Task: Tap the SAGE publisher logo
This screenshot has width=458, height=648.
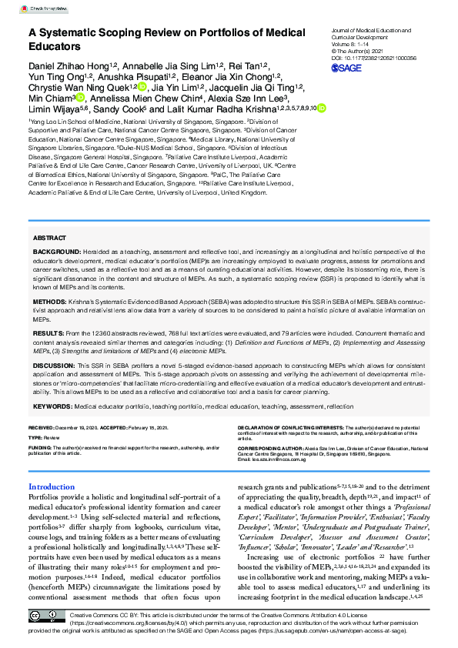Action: coord(346,68)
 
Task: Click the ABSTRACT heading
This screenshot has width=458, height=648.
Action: coord(50,239)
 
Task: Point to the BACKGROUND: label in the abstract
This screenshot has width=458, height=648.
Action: coord(59,252)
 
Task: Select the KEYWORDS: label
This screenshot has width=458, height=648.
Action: coord(52,405)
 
